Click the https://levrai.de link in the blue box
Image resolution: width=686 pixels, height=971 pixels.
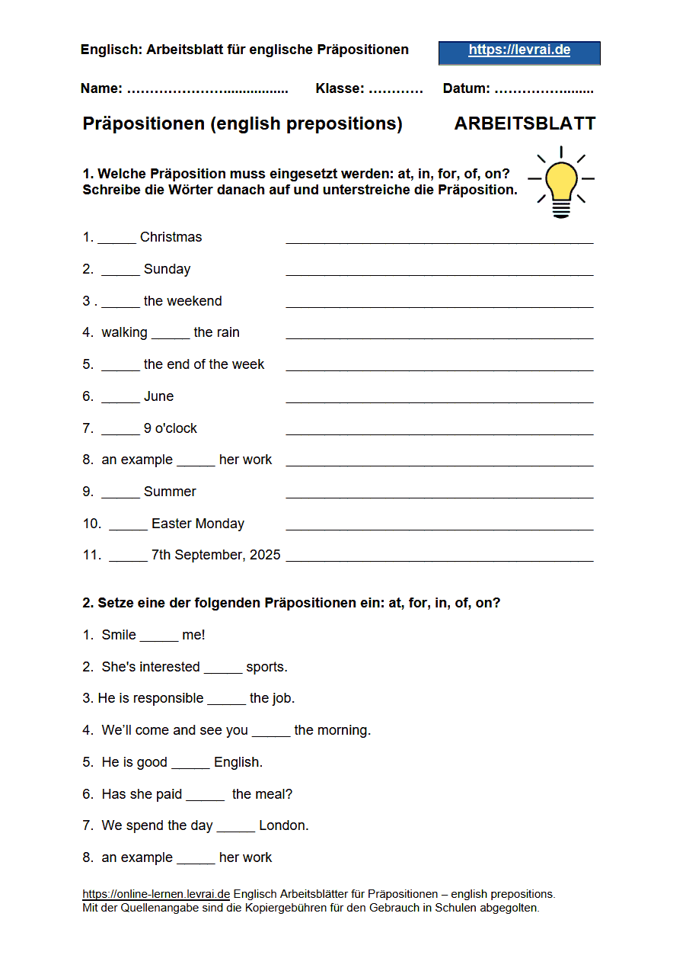(x=519, y=51)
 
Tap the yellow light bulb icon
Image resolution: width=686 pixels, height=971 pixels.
(x=561, y=184)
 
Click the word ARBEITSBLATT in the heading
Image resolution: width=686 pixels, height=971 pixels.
(x=525, y=124)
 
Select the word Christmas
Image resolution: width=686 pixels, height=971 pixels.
(x=171, y=237)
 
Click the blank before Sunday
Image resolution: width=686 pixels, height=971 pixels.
(x=120, y=269)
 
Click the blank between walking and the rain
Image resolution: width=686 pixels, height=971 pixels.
(x=171, y=333)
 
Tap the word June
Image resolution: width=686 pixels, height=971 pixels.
(x=158, y=396)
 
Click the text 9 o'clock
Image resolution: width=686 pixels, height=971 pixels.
(x=171, y=428)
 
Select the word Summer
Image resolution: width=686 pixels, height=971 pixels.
(x=170, y=492)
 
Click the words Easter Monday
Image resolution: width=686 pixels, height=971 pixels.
(x=198, y=524)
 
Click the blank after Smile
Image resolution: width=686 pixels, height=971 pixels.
(x=159, y=636)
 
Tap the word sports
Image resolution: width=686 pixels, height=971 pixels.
(x=266, y=667)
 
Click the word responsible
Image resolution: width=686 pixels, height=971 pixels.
(x=167, y=698)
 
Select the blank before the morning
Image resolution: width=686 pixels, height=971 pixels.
(x=271, y=731)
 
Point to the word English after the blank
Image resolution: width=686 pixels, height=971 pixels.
(x=238, y=762)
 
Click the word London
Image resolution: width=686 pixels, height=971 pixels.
(x=284, y=825)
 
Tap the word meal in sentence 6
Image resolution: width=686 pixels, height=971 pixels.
(x=274, y=794)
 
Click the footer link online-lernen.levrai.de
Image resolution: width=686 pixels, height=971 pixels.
(x=156, y=894)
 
